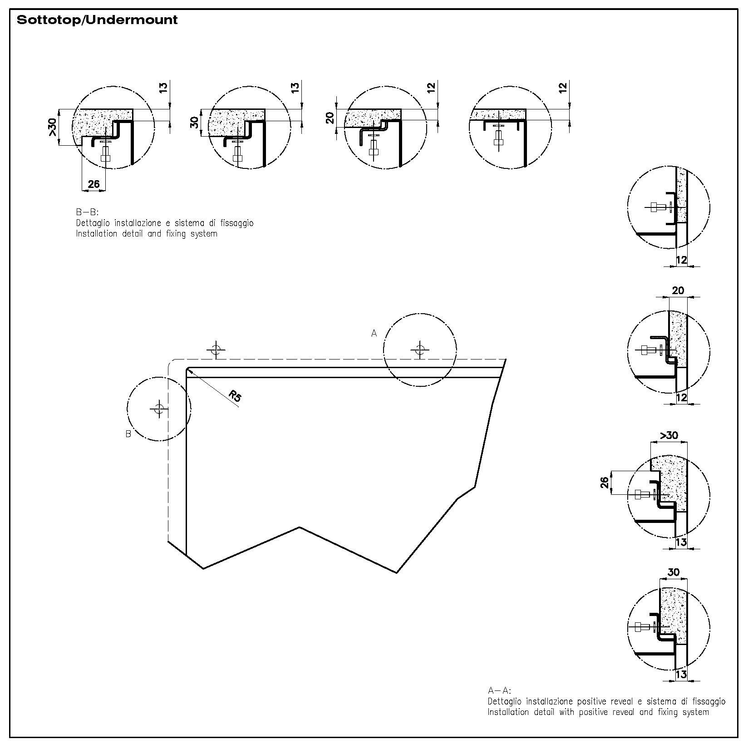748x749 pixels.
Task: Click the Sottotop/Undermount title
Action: (97, 20)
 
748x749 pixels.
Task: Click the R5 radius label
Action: (235, 396)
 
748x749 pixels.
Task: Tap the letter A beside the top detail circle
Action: (374, 334)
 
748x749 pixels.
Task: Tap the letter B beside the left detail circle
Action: (128, 434)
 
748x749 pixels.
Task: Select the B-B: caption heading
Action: (87, 212)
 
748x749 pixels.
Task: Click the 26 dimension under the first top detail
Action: (93, 184)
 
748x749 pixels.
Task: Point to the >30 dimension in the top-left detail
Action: (53, 128)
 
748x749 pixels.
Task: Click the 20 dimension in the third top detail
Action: (330, 118)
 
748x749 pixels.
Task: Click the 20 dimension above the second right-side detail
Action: (678, 291)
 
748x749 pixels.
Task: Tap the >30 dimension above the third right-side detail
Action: (669, 435)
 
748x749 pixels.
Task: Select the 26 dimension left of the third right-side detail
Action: (605, 483)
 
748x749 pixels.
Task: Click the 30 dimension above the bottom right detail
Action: (674, 572)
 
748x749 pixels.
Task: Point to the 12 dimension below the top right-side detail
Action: (681, 260)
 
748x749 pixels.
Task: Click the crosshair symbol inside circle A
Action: (420, 350)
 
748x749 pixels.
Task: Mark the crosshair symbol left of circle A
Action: (216, 350)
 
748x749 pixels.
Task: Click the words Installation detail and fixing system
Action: (147, 234)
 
